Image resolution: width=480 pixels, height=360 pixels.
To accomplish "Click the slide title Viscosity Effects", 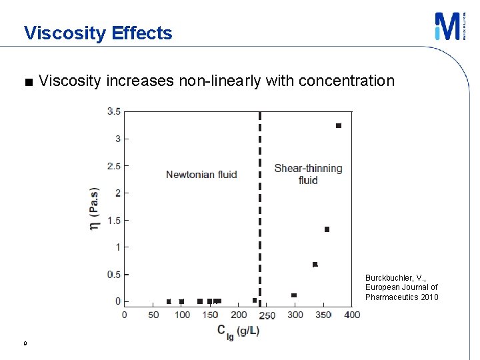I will point(98,33).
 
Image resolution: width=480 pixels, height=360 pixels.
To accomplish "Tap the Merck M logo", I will point(445,26).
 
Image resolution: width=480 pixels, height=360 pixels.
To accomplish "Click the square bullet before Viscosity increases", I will point(27,83).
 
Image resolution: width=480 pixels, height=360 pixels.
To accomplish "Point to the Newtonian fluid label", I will point(201,175).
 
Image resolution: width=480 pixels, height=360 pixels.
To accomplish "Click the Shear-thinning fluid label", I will point(308,174).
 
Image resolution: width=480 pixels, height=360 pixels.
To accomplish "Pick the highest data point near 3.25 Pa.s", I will point(339,125).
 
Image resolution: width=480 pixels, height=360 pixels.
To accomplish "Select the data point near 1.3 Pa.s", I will point(327,229).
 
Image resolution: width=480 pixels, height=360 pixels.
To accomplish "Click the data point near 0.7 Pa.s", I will point(315,265).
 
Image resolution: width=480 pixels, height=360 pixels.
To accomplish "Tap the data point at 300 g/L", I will point(294,295).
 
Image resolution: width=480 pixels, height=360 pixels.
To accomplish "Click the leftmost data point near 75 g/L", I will point(169,301).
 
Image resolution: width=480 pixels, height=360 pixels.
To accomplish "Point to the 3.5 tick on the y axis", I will point(114,111).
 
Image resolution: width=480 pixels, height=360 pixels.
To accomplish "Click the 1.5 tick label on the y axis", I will point(114,220).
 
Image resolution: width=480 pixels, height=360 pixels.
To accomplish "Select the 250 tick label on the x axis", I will point(267,315).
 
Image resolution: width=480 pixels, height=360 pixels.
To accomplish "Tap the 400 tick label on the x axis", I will point(352,315).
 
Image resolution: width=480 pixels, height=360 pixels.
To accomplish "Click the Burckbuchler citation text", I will point(401,287).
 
